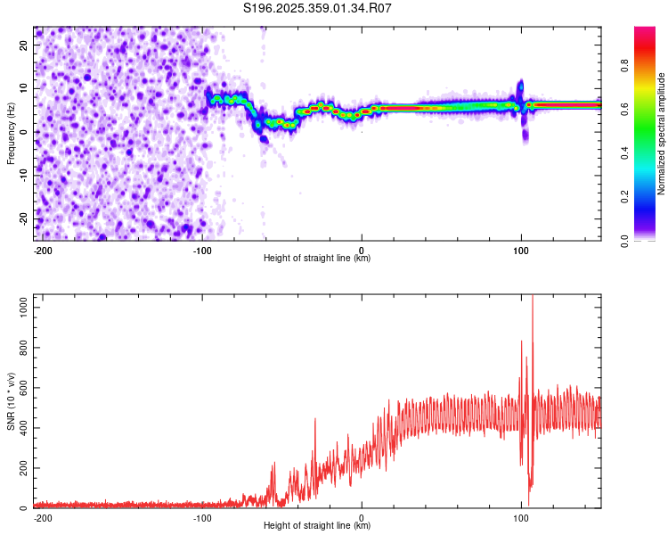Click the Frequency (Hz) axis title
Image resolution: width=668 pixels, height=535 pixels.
pyautogui.click(x=11, y=133)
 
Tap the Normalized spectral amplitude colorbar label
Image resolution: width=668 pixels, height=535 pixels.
pyautogui.click(x=662, y=134)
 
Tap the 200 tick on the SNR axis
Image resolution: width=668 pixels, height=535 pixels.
pyautogui.click(x=22, y=468)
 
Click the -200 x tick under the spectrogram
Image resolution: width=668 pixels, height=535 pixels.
pyautogui.click(x=42, y=249)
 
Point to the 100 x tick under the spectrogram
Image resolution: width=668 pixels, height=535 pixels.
pyautogui.click(x=521, y=249)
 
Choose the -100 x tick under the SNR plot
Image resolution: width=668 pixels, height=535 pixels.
pyautogui.click(x=202, y=517)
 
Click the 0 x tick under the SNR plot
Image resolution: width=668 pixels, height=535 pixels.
pyautogui.click(x=362, y=517)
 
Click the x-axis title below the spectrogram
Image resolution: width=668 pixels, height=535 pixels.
pyautogui.click(x=317, y=259)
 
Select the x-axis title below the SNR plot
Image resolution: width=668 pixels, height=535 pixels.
pyautogui.click(x=317, y=526)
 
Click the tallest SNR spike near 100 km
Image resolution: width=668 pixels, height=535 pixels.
pyautogui.click(x=533, y=299)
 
